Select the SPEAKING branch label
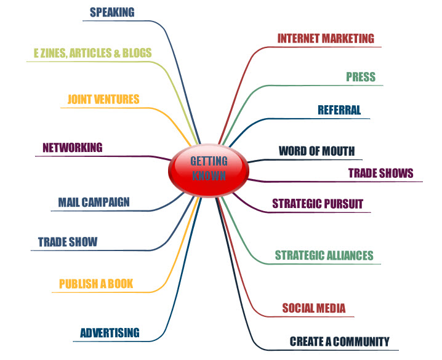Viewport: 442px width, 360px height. pos(112,12)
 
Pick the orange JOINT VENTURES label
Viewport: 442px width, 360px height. pos(103,99)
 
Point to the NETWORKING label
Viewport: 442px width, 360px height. pos(73,148)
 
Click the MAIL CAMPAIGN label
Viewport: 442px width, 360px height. pos(94,202)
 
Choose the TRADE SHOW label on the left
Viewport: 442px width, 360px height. pos(68,242)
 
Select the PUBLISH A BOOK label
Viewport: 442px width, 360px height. pos(96,284)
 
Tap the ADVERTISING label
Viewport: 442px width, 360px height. pos(110,334)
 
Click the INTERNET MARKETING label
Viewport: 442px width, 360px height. pos(326,38)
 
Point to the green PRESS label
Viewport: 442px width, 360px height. pos(361,78)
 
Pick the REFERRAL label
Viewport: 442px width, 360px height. pos(339,111)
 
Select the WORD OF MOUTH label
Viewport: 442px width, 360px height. pos(317,151)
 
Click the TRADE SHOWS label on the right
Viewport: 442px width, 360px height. pos(381,173)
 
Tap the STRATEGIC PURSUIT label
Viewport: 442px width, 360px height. pos(318,204)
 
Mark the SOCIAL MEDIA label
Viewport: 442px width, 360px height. pos(314,308)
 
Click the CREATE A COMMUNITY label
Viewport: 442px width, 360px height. pos(340,342)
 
